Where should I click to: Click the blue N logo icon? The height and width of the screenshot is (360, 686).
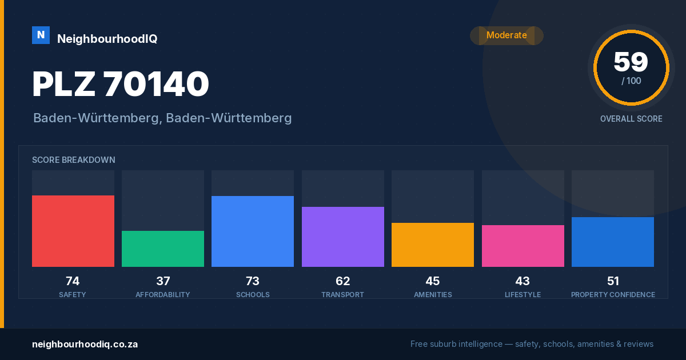(41, 35)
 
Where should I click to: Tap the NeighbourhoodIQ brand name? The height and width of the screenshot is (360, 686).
(107, 39)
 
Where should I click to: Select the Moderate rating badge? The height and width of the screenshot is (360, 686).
(506, 35)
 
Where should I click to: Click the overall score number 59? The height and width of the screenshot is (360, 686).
(631, 62)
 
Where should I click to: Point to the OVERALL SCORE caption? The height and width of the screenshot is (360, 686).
(631, 119)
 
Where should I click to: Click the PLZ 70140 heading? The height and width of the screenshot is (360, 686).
(121, 84)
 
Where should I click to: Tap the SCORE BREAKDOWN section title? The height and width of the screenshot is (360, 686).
(74, 160)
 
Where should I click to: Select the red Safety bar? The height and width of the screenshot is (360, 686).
(73, 231)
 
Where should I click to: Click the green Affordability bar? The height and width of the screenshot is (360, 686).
(163, 249)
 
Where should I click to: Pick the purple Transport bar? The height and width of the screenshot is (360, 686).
(343, 237)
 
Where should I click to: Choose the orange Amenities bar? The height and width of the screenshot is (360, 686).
(433, 245)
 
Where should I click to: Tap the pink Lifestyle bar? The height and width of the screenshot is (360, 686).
(523, 246)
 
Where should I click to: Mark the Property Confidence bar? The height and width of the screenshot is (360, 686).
(613, 242)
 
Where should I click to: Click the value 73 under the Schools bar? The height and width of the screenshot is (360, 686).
(253, 281)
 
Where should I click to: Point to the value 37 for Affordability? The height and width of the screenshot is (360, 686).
(163, 281)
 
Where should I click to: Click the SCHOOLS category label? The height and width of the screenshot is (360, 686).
(253, 295)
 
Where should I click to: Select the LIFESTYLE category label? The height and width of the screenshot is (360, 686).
(523, 295)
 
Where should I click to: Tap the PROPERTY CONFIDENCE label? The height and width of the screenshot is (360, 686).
(613, 295)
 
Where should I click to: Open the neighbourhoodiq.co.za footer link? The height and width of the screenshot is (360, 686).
(85, 345)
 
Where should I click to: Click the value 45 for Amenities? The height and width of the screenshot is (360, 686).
(433, 281)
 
